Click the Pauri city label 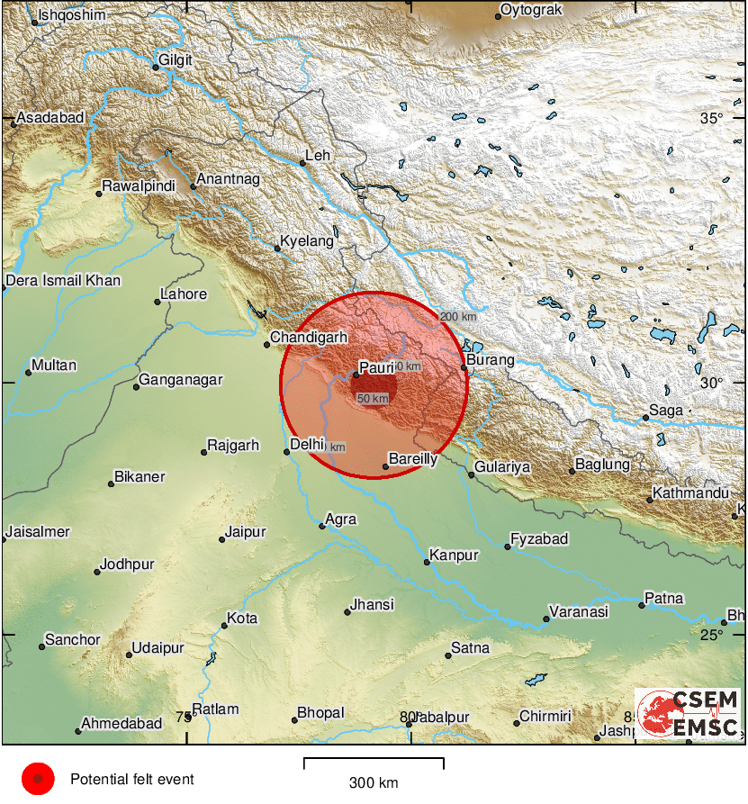[x=378, y=367]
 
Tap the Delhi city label [x=307, y=443]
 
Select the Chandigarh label [x=309, y=337]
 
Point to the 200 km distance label [x=458, y=317]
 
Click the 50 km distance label [x=374, y=398]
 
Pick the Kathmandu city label [x=691, y=493]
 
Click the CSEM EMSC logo [x=689, y=714]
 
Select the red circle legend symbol [x=38, y=779]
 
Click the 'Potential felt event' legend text [x=132, y=779]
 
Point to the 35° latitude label [x=712, y=119]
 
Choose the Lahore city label [x=184, y=294]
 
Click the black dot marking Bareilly [x=385, y=466]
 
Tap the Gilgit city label [x=176, y=61]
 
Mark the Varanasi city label [x=580, y=611]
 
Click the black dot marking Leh [x=302, y=163]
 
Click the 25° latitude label [x=712, y=635]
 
